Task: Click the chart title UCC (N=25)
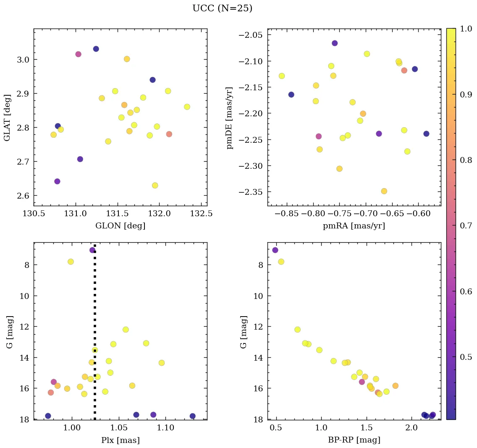click(222, 8)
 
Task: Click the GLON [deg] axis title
click(120, 226)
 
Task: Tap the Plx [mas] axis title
click(120, 440)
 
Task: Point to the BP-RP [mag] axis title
click(354, 440)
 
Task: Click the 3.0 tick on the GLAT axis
click(23, 60)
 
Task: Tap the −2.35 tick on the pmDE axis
click(250, 192)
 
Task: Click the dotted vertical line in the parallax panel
click(94, 294)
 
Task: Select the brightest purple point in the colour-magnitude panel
click(275, 250)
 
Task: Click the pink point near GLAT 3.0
click(78, 54)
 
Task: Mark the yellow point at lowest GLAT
click(155, 186)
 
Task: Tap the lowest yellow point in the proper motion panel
click(384, 191)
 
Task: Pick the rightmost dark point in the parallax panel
click(192, 416)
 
